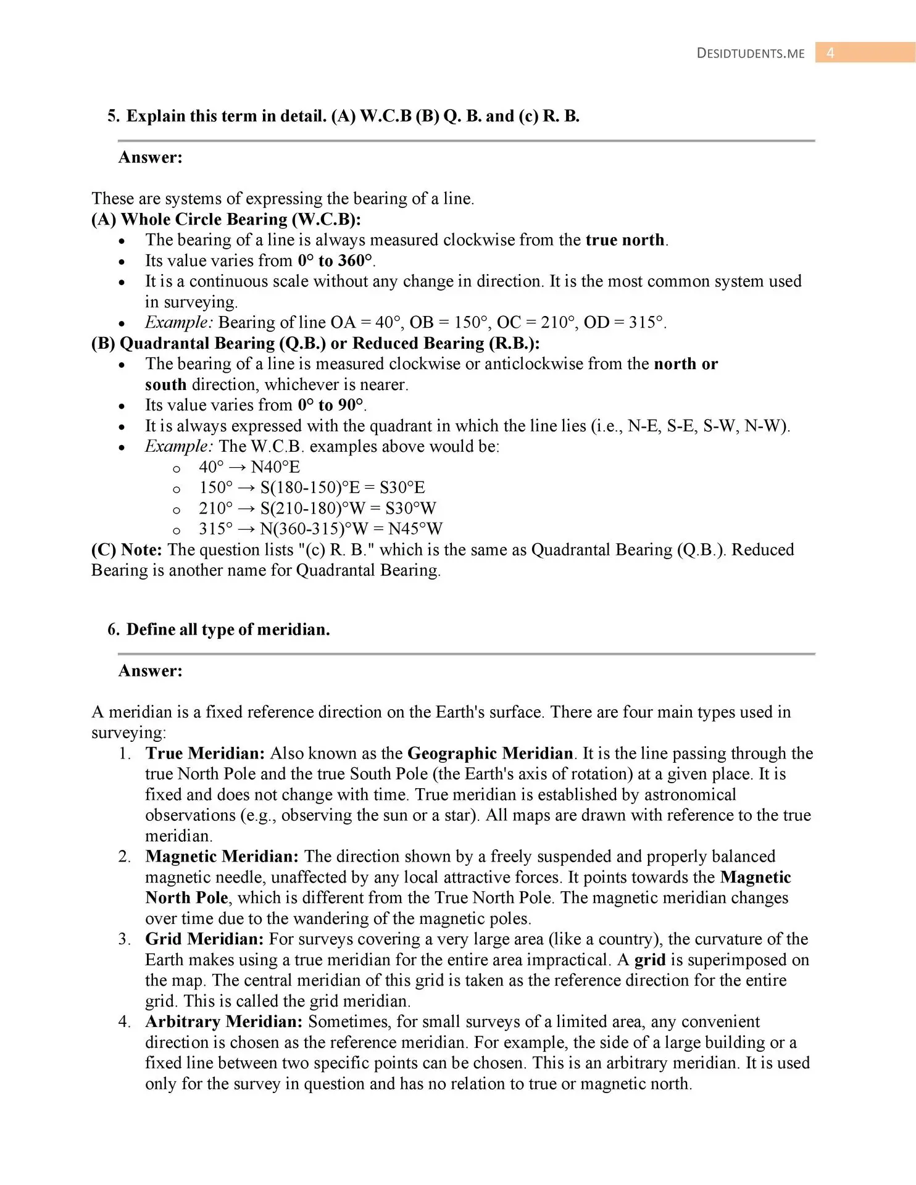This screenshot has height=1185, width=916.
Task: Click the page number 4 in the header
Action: (830, 53)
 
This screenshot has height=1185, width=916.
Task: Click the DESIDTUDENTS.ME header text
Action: (751, 54)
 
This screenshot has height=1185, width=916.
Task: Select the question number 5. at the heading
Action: (114, 116)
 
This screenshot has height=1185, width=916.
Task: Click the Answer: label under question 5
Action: (151, 157)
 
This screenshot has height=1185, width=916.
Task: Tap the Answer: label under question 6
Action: (151, 671)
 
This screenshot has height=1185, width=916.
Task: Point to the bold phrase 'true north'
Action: (625, 240)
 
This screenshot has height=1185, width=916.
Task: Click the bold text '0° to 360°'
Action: (335, 260)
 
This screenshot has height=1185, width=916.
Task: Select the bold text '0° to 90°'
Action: (330, 405)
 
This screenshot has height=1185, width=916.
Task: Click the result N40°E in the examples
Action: (275, 467)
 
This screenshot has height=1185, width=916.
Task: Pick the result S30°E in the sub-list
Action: (402, 488)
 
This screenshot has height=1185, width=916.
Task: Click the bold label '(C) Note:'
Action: (127, 550)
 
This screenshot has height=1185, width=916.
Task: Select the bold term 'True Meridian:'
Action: (205, 754)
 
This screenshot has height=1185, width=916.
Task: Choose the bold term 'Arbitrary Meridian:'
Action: (224, 1022)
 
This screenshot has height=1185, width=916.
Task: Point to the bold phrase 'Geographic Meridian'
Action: (490, 754)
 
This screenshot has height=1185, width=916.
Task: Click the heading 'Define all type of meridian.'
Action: (228, 630)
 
